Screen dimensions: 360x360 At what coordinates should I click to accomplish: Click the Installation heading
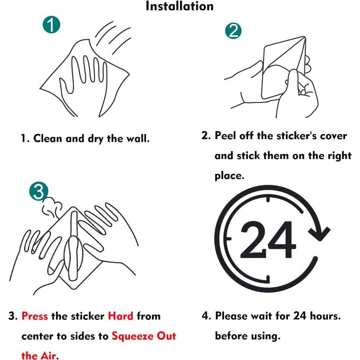click(x=180, y=6)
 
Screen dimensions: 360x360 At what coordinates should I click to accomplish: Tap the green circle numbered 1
click(x=52, y=25)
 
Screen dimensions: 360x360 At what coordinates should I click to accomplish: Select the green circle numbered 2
click(x=233, y=31)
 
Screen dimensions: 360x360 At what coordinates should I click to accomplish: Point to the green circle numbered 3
click(x=39, y=191)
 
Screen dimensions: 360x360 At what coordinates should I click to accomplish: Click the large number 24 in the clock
click(x=268, y=240)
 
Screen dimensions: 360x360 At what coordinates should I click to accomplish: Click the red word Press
click(x=34, y=316)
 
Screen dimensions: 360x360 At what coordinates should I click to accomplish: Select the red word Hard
click(x=121, y=316)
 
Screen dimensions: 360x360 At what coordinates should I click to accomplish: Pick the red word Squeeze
click(x=133, y=337)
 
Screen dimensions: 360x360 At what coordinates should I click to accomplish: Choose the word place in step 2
click(x=229, y=176)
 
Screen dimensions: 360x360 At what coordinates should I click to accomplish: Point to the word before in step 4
click(x=231, y=336)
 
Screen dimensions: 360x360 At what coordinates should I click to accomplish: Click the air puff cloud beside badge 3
click(x=52, y=207)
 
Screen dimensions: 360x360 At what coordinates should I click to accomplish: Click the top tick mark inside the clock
click(x=268, y=199)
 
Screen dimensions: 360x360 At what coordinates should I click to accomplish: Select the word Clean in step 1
click(x=47, y=138)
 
